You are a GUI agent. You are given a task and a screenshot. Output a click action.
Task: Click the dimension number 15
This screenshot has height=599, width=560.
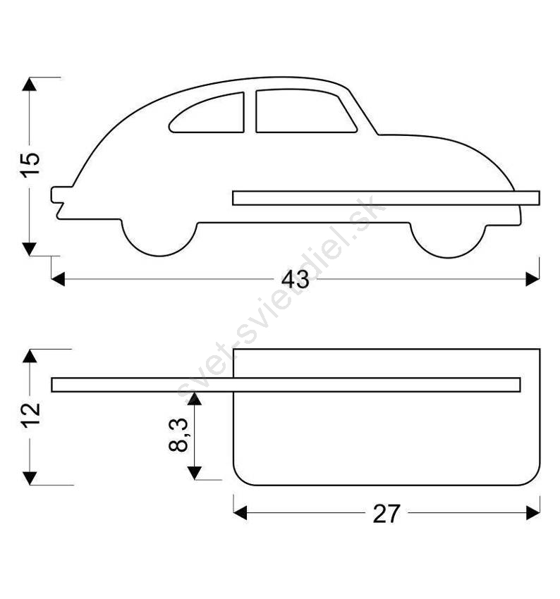(x=30, y=165)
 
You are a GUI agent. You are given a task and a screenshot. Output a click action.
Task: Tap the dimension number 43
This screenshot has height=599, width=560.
(x=295, y=280)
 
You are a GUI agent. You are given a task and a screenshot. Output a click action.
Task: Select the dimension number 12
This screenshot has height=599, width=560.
(x=30, y=415)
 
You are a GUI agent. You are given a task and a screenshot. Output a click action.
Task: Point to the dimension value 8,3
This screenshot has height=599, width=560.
(x=178, y=435)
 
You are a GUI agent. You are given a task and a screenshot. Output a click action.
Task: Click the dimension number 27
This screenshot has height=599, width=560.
(x=386, y=514)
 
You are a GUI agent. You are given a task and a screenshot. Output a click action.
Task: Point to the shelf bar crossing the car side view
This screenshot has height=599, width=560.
(x=386, y=198)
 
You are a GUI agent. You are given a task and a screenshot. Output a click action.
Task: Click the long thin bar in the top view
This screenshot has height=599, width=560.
(x=286, y=385)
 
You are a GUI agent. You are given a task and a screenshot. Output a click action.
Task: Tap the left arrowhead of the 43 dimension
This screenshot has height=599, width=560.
(x=58, y=279)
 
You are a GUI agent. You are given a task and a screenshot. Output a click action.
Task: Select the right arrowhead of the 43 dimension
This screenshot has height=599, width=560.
(x=532, y=279)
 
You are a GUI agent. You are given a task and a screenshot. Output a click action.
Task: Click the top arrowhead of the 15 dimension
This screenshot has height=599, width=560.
(x=30, y=84)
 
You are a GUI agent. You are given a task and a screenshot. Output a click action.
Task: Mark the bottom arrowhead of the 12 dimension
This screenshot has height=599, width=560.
(x=30, y=478)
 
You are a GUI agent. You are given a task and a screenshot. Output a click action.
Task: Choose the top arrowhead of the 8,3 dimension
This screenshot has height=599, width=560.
(x=195, y=399)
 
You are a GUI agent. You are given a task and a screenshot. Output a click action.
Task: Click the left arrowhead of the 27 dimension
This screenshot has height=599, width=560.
(x=240, y=512)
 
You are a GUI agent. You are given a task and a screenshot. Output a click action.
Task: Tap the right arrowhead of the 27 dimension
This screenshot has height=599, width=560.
(x=533, y=512)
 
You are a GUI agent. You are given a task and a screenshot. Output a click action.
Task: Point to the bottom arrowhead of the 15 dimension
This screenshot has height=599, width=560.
(x=30, y=249)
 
